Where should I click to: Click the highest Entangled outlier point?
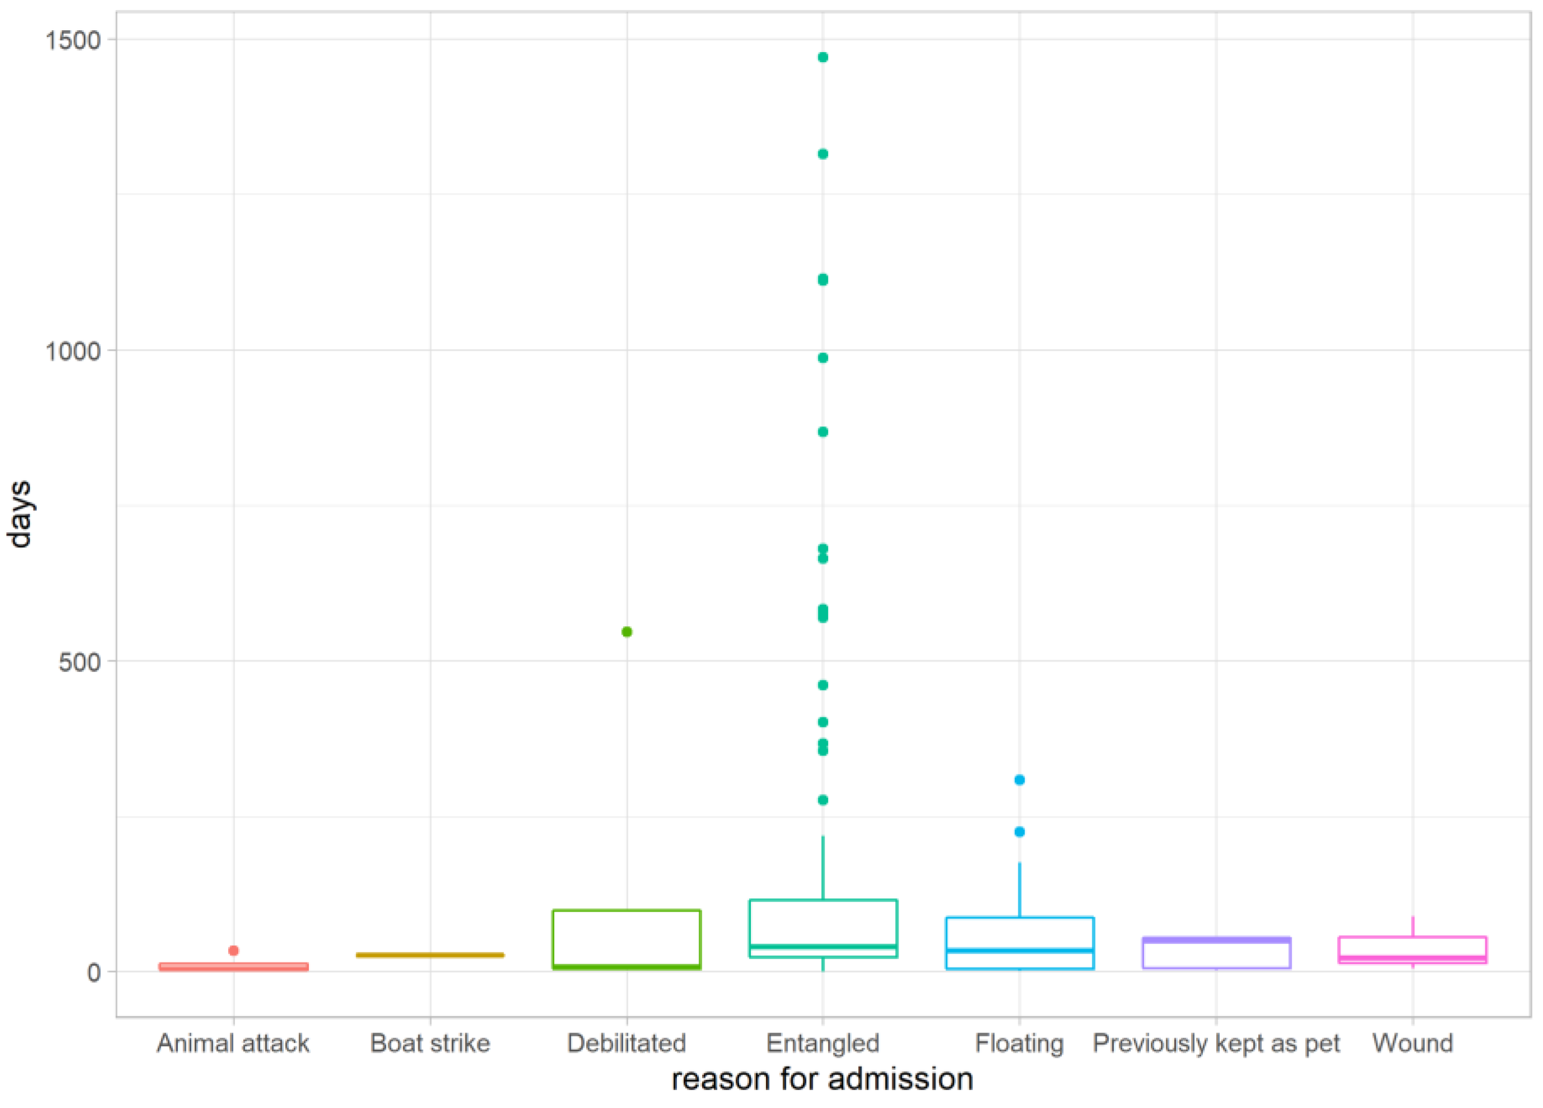[822, 57]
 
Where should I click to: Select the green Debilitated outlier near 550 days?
[627, 632]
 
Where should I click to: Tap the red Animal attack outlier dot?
[233, 951]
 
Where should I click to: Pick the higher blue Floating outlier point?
[1019, 780]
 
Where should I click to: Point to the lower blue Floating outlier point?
[1019, 832]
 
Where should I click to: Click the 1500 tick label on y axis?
[72, 40]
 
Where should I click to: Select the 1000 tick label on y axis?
[72, 351]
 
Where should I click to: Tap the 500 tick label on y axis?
[79, 662]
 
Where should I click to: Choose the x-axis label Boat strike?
[430, 1043]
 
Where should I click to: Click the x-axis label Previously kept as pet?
[1216, 1043]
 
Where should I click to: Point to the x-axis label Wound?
[1413, 1043]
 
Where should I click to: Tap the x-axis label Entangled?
[822, 1043]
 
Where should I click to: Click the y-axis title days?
[20, 514]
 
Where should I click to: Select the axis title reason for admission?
[822, 1079]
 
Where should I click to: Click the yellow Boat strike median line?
[430, 955]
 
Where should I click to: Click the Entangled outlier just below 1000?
[822, 358]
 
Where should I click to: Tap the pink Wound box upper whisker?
[1413, 927]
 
